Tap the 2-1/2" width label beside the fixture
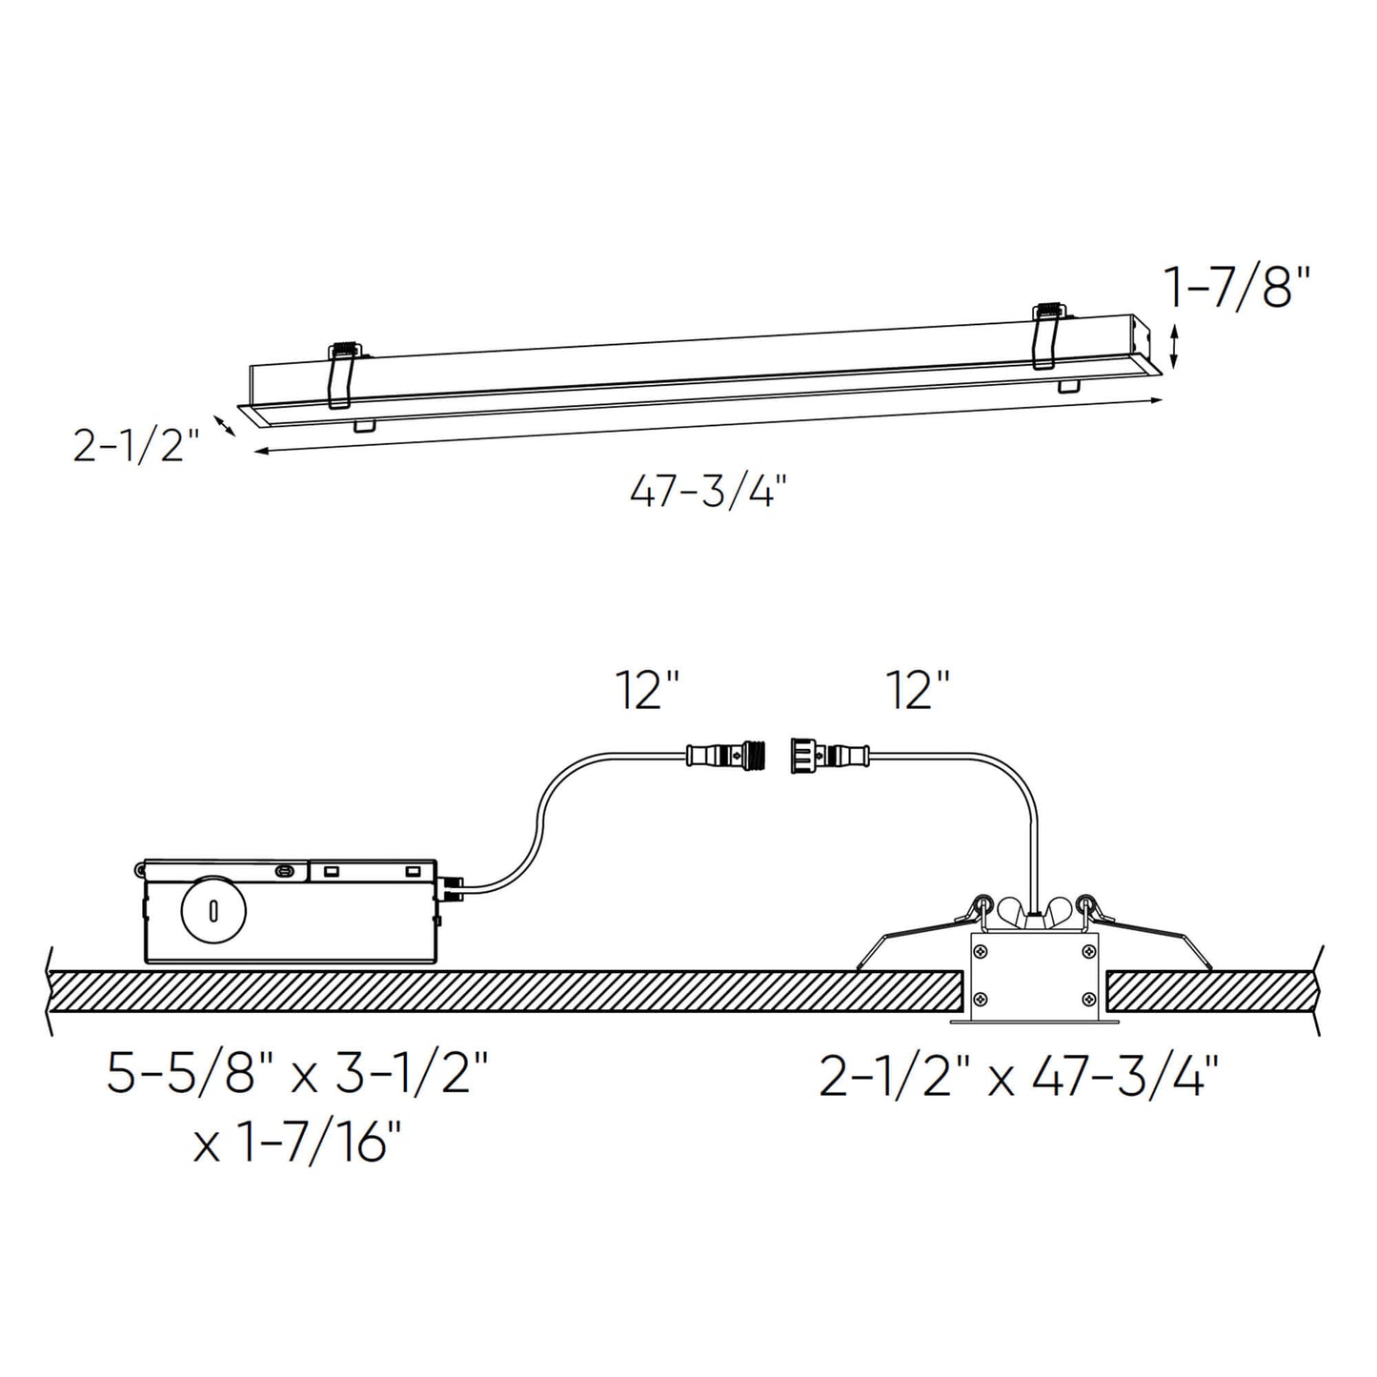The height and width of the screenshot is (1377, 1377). click(135, 445)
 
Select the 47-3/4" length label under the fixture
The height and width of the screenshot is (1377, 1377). click(708, 493)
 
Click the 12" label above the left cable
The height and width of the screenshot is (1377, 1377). click(647, 690)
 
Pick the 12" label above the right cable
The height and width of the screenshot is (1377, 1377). click(918, 690)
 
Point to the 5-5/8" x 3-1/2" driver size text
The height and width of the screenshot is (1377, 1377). click(298, 1076)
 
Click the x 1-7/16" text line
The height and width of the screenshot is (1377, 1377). click(298, 1142)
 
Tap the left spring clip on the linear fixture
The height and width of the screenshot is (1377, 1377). click(342, 376)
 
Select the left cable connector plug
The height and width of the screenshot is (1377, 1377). click(726, 756)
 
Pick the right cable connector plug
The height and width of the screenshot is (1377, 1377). click(827, 756)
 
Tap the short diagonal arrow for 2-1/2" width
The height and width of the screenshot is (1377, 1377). click(224, 424)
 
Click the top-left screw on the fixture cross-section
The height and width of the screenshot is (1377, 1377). click(981, 951)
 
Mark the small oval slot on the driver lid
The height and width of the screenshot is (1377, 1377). click(283, 870)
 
